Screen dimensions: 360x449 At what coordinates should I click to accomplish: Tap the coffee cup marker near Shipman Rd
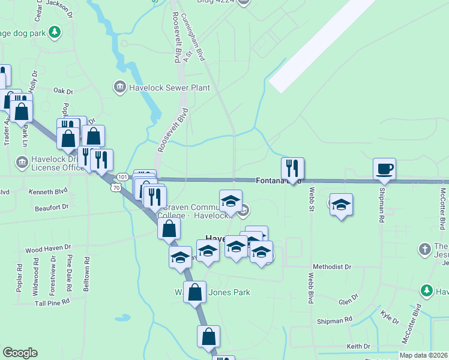(x=384, y=169)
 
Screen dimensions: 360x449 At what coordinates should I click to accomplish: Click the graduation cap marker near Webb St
(x=341, y=205)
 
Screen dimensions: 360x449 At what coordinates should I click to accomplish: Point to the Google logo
(x=20, y=353)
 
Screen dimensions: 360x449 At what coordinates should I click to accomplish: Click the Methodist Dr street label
(x=332, y=266)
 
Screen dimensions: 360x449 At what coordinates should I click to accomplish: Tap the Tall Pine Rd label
(x=53, y=303)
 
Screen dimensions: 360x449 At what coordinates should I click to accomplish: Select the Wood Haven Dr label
(x=47, y=248)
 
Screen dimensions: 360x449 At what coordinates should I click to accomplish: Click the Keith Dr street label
(x=358, y=346)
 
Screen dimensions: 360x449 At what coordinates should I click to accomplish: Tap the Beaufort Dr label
(x=52, y=207)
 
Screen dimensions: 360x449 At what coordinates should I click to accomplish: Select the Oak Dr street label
(x=62, y=91)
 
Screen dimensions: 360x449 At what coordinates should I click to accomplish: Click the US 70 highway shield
(x=115, y=188)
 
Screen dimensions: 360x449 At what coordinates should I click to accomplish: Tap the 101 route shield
(x=122, y=177)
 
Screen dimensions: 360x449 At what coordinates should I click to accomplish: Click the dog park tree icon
(x=55, y=31)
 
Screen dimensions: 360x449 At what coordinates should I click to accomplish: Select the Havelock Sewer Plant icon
(x=120, y=88)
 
